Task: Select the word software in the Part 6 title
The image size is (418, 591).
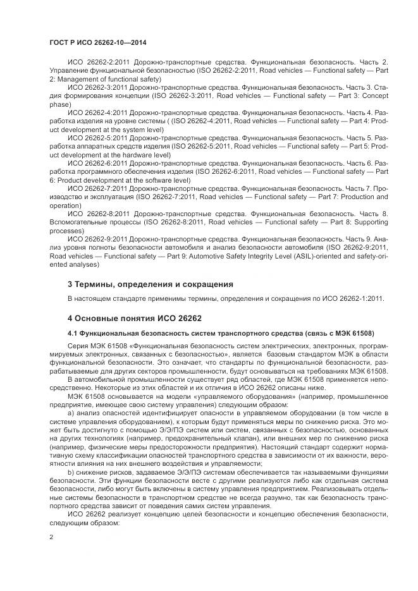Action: [x=147, y=180]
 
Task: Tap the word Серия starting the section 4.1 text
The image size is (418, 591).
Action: [x=78, y=346]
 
